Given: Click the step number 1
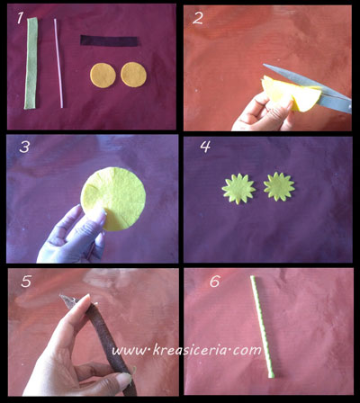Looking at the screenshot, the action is point(20,18).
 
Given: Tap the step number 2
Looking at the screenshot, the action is point(198,19).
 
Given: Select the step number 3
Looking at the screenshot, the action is point(24,147).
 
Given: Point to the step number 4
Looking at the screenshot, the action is point(205,147).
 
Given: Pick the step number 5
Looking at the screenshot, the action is point(26,282).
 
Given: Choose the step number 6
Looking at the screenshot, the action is point(215,282).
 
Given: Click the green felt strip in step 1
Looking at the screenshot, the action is point(31,63).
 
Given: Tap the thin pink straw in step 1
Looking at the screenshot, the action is point(58,63).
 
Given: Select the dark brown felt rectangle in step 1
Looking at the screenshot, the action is point(110,40).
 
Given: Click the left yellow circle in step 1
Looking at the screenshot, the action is point(103,75).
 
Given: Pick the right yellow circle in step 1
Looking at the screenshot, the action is point(133,75).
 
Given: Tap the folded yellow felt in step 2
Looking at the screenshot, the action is point(290,94).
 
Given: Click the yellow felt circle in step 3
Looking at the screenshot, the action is point(113,199).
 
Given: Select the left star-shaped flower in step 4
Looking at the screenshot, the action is point(238,189).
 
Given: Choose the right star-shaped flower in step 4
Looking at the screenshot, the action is point(279,186).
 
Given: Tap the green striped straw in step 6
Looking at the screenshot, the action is point(262,327).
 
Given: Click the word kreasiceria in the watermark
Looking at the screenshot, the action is point(191,350).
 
